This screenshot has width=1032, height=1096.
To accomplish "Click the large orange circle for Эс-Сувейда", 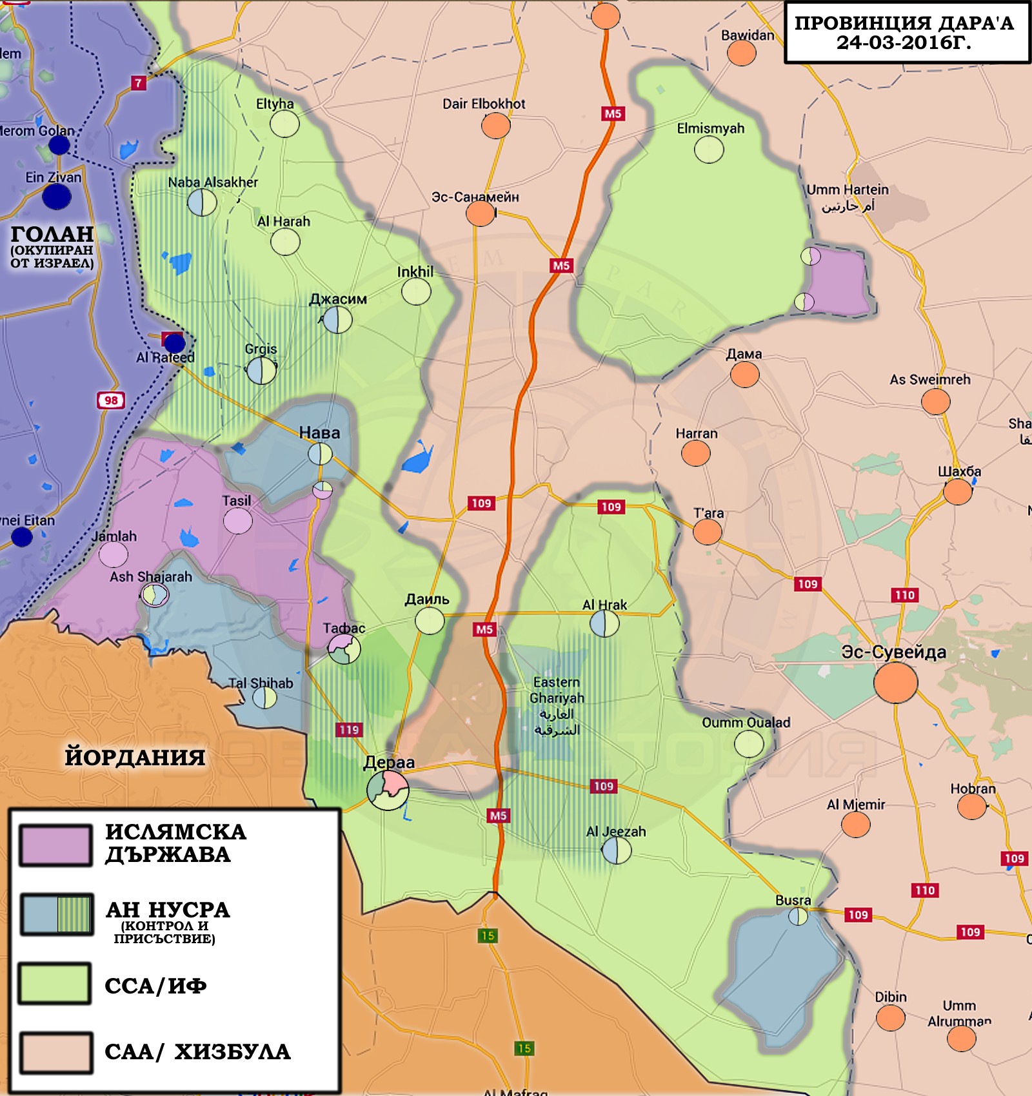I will pos(895,681).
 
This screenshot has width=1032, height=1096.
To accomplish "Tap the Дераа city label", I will pos(389,762).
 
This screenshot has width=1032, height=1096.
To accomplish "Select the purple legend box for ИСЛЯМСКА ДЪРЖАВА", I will pos(55,845).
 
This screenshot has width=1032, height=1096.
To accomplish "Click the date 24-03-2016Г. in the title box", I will pos(904,43).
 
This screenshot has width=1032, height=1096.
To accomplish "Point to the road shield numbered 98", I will pos(111,400).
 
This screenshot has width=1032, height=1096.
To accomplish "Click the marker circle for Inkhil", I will pos(416,291).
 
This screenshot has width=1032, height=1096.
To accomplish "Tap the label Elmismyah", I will pos(710,128).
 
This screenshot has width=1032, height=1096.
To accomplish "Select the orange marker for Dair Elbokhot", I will pos(495,125).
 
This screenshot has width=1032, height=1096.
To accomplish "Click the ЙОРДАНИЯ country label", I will pos(135,757).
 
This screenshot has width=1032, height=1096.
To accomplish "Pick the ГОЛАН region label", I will pos(52,234).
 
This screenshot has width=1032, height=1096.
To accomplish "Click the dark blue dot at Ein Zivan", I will pos(57,197).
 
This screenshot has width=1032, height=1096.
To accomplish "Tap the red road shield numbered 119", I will pos(349,730).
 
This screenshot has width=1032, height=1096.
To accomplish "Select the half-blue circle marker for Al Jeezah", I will pos(616,850).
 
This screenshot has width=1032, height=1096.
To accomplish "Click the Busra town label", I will pos(793,900).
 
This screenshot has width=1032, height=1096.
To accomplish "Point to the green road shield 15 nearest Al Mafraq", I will pos(524,1048).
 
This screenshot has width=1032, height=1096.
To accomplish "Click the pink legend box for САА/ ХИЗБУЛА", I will pos(55,1052).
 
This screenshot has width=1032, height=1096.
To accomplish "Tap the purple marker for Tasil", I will pos(237,521).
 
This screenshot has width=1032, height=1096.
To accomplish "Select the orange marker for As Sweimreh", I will pos(935,402).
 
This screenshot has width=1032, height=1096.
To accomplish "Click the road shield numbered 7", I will pos(138,83).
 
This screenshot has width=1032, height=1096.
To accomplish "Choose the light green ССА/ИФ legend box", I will pos(55,983).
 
